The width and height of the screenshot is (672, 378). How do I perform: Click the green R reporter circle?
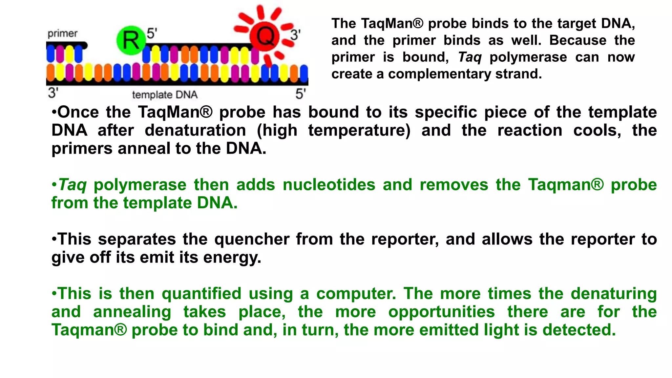point(131,40)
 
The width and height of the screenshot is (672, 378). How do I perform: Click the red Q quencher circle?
point(264,36)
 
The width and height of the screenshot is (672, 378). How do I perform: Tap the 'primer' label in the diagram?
point(62,33)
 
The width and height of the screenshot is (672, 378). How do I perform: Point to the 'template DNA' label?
point(165,95)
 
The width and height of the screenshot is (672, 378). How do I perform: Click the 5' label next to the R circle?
point(152,33)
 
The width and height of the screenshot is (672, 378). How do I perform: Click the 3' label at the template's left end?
point(53,93)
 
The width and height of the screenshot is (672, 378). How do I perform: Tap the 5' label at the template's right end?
point(301,94)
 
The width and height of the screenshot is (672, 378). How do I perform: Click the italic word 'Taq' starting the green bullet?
point(72,185)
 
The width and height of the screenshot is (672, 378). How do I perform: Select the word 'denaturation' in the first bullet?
point(195,130)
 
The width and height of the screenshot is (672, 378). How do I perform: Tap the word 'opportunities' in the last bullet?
point(441,312)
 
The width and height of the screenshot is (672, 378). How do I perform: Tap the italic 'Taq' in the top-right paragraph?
point(470,57)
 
